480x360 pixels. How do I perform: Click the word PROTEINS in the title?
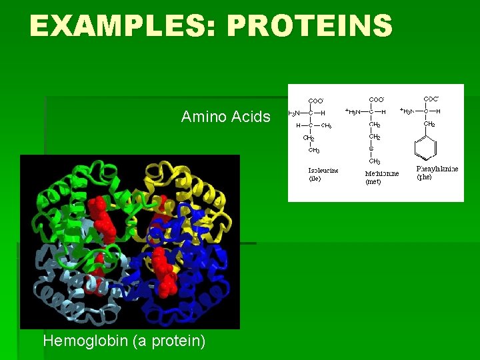click(310, 26)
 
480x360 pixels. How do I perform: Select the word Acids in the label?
click(251, 117)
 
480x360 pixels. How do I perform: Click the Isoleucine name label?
click(323, 171)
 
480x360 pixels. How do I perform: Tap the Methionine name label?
click(382, 173)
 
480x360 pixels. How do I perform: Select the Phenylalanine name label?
click(437, 169)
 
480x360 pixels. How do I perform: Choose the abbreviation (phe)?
click(425, 177)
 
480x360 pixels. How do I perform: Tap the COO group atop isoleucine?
click(317, 101)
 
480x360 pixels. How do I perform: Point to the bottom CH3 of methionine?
click(375, 161)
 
